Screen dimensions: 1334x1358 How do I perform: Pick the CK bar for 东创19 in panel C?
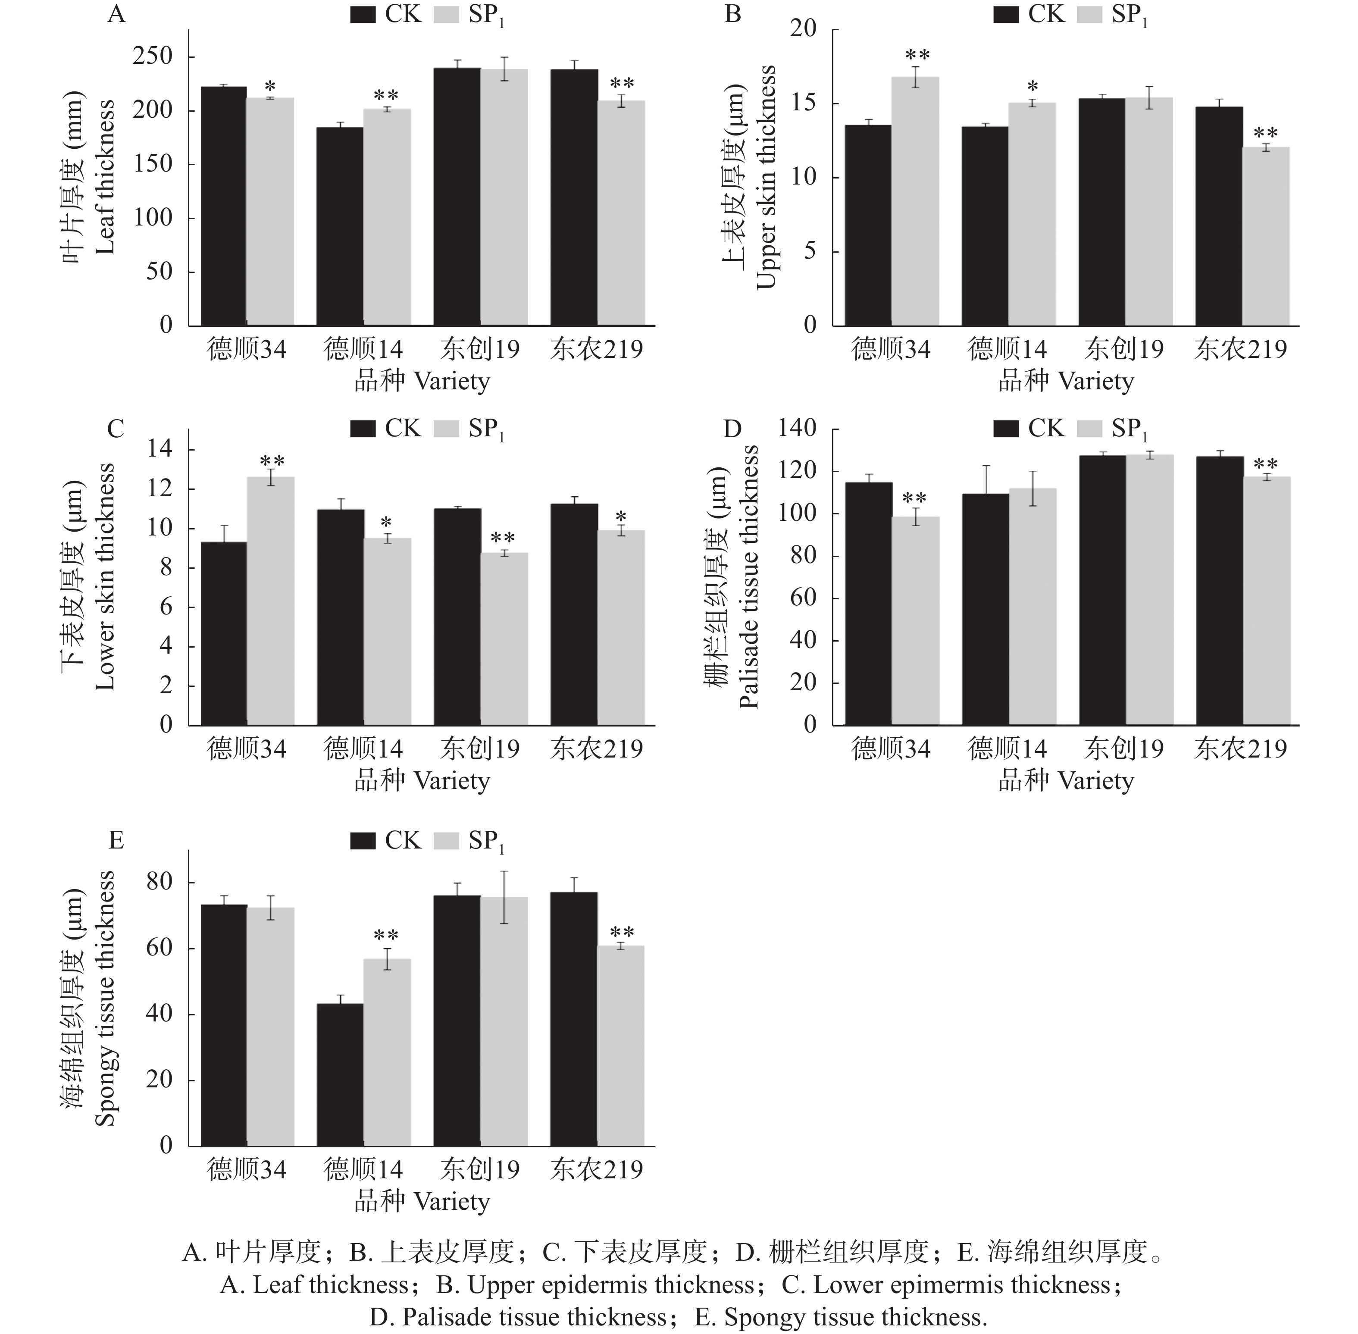click(457, 617)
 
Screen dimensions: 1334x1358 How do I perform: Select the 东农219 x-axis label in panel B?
click(1240, 349)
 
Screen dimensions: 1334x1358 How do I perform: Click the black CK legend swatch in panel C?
click(363, 429)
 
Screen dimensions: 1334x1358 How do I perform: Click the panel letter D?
click(732, 429)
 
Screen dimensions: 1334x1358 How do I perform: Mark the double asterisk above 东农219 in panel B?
click(1265, 133)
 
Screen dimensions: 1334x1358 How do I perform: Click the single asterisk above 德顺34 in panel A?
click(270, 88)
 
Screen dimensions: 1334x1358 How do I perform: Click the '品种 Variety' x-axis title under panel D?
click(1065, 780)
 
